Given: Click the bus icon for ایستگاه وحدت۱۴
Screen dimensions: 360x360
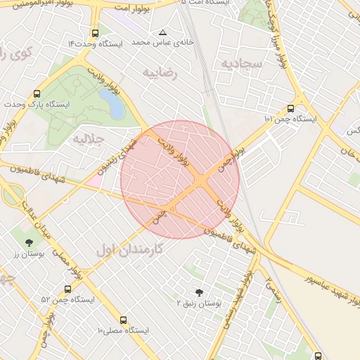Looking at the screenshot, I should tap(95, 33).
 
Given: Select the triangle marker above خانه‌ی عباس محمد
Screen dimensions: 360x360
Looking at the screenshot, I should tap(163, 32).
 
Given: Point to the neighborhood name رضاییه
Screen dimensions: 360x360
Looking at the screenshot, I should tap(160, 72).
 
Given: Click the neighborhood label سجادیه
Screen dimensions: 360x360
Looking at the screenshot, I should tap(241, 64).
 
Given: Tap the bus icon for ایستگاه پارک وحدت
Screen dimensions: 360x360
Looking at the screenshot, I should tap(37, 94).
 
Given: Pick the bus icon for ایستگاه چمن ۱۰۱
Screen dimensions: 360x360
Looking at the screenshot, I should tap(290, 109).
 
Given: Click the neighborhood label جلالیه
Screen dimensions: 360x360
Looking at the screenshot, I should tap(89, 139).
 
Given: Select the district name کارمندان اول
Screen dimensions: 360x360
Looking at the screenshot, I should tap(130, 249).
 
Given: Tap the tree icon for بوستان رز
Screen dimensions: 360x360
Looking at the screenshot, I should tap(29, 243).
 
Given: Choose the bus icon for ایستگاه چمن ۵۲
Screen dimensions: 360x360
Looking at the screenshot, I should tap(67, 289).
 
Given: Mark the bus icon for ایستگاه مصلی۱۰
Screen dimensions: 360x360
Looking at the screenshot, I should tap(124, 320).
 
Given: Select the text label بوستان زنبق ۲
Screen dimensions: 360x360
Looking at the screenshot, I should tap(199, 303).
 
